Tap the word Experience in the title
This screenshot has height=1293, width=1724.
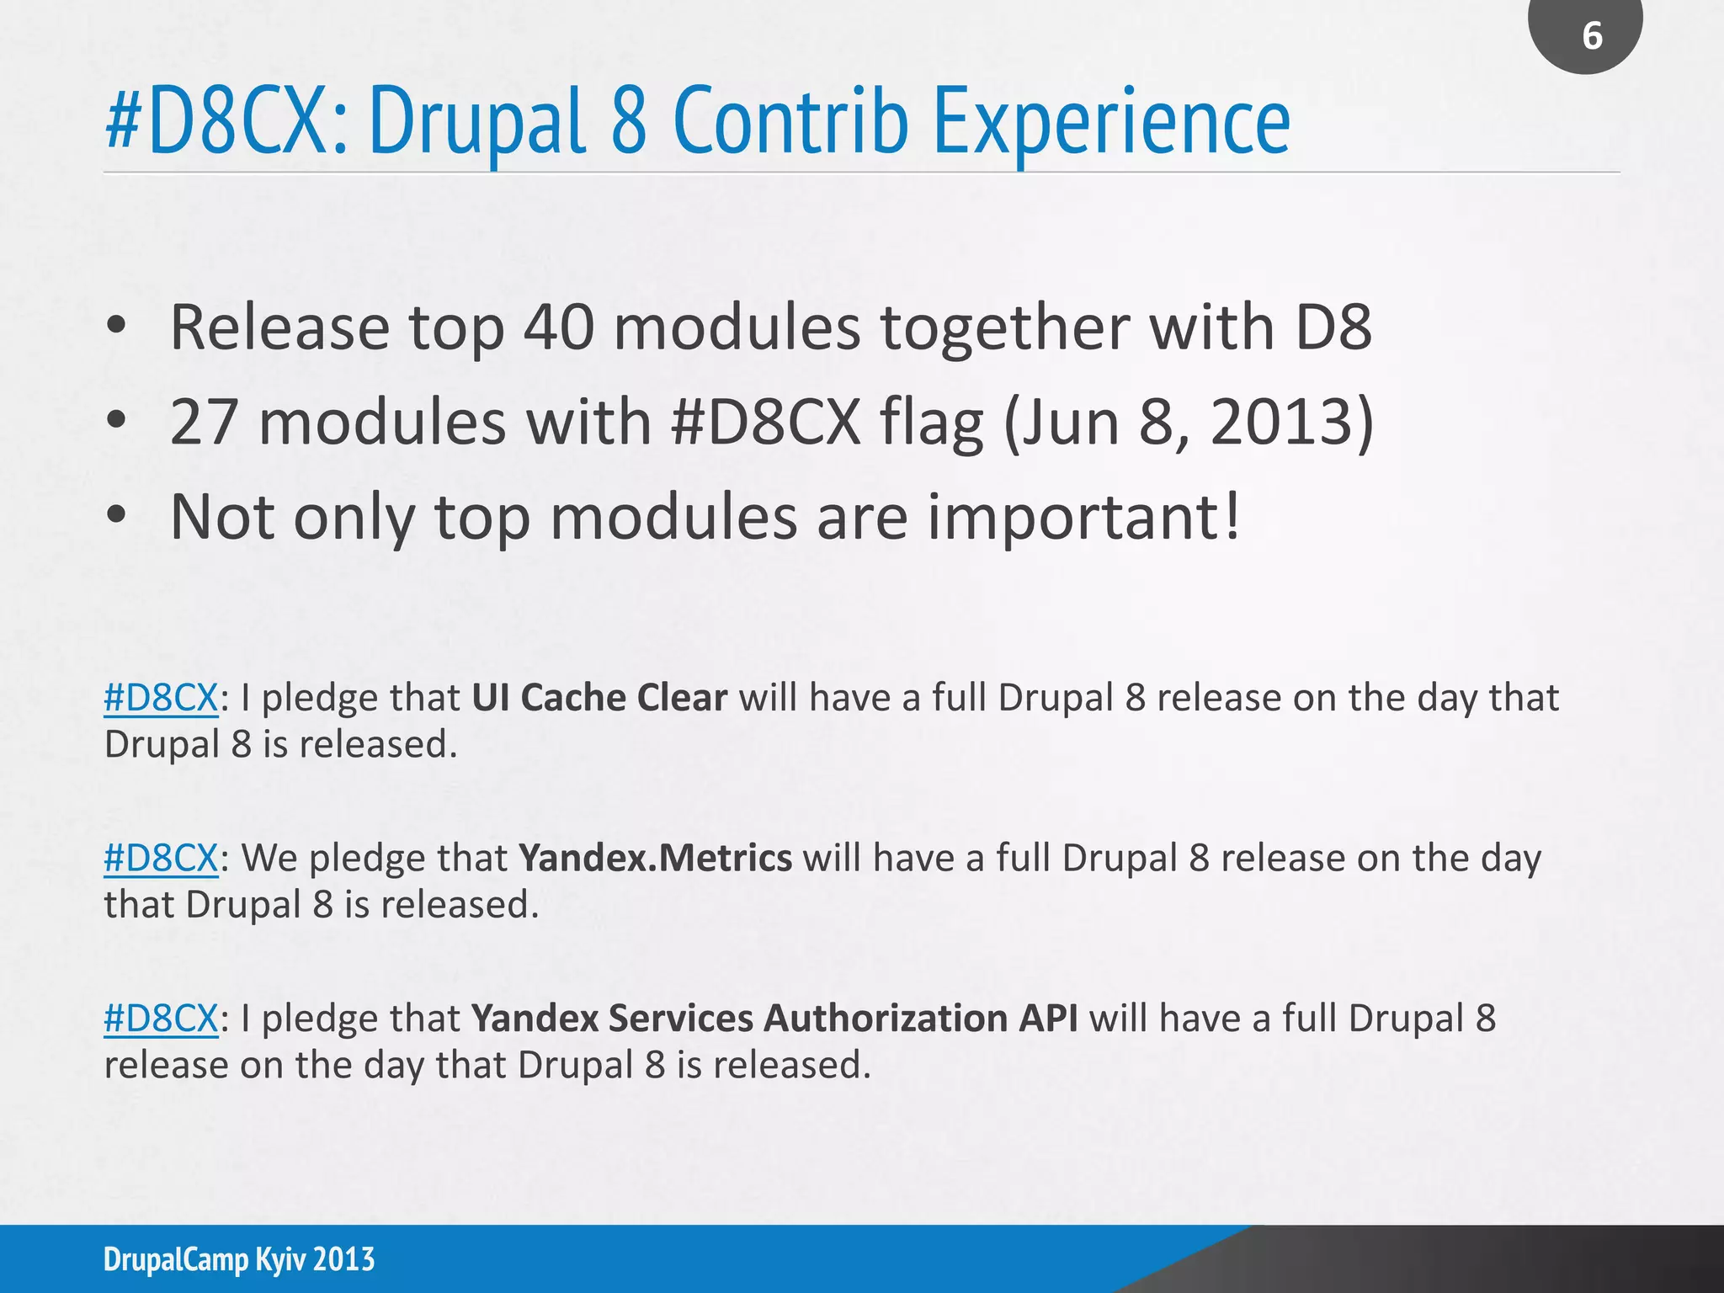point(1112,125)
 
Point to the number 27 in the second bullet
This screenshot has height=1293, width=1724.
point(203,422)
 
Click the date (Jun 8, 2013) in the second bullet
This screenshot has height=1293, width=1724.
point(1188,422)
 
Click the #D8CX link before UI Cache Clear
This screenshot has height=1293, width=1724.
point(161,698)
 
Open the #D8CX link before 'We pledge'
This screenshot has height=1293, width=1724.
point(161,858)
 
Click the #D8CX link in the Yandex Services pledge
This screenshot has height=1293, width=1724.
point(161,1019)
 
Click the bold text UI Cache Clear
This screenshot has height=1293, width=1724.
point(599,698)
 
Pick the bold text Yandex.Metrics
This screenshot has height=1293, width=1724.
point(655,858)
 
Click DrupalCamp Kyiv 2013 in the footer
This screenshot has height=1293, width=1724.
point(239,1259)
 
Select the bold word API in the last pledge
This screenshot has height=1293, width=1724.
point(1048,1019)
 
